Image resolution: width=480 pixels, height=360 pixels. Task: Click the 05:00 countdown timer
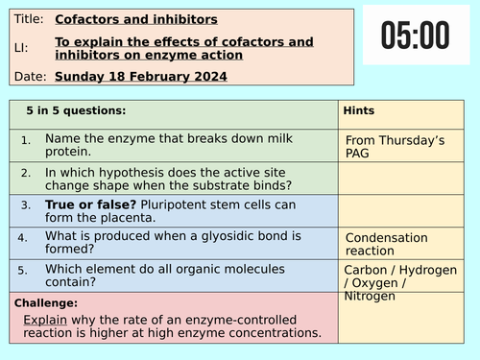point(415,36)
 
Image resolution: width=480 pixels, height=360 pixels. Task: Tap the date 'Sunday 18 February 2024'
point(141,76)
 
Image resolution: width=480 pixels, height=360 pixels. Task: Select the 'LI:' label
point(22,47)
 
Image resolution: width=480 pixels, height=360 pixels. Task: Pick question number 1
point(26,141)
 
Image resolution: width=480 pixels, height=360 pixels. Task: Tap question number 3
point(26,205)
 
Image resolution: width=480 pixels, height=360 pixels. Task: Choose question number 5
point(26,270)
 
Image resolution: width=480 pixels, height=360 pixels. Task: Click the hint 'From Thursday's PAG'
point(395,147)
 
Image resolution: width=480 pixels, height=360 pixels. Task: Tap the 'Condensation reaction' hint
point(387,244)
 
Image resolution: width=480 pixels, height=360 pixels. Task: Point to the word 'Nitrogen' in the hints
point(369,296)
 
